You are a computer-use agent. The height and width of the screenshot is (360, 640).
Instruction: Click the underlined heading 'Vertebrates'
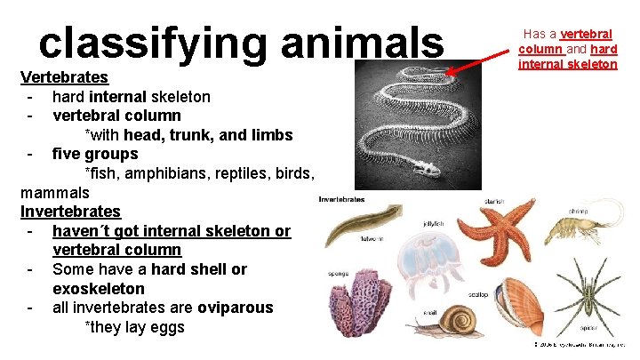pos(64,77)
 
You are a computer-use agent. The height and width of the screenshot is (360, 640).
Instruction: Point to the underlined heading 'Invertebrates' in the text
pos(70,212)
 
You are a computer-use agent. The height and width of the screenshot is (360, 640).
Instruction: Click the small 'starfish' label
pos(494,202)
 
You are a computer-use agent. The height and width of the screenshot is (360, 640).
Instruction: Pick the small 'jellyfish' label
pos(434,223)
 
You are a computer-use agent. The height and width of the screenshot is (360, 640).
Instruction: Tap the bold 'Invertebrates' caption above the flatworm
pos(341,199)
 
